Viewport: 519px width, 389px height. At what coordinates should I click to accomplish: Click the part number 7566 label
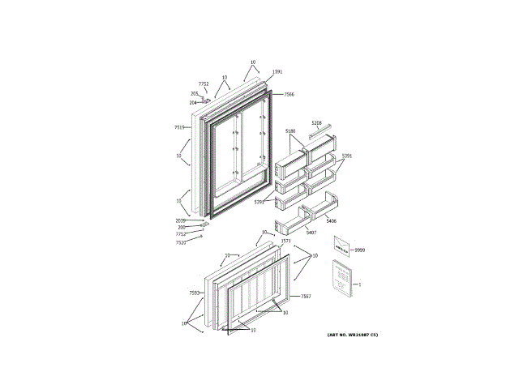(x=289, y=94)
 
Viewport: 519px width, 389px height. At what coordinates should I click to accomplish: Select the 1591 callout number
(x=277, y=72)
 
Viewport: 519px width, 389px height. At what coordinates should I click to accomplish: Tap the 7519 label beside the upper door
(x=180, y=127)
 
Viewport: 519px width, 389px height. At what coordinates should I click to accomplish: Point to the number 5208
(x=316, y=123)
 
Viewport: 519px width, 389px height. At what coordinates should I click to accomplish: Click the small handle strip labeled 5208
(x=320, y=132)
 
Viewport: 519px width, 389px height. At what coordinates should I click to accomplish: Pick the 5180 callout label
(x=290, y=131)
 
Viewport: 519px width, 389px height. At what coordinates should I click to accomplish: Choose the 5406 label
(x=331, y=220)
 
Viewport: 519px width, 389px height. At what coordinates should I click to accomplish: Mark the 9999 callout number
(x=359, y=250)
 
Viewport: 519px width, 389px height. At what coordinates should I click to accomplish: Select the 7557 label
(x=306, y=297)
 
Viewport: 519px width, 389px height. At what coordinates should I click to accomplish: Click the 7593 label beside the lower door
(x=195, y=292)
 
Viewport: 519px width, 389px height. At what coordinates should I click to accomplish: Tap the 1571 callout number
(x=285, y=241)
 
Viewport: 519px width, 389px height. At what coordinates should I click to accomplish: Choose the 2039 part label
(x=180, y=220)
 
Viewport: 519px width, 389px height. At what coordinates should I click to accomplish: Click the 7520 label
(x=181, y=242)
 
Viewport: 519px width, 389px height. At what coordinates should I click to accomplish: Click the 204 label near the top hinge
(x=193, y=103)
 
